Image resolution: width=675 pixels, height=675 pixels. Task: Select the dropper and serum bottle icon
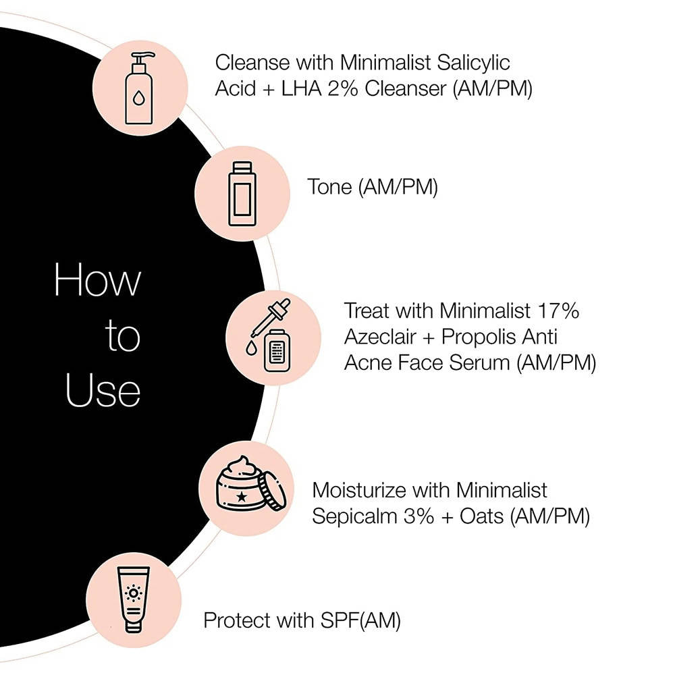tap(271, 338)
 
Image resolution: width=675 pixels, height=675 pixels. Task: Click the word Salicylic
tap(468, 63)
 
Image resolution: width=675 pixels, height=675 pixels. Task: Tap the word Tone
tap(329, 187)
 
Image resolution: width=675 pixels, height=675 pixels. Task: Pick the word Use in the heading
tap(103, 391)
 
